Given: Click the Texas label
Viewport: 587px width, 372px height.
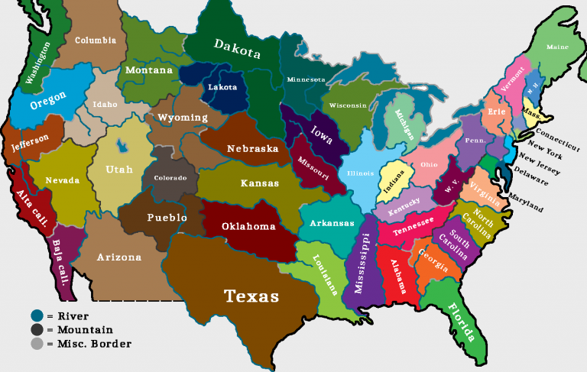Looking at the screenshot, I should click(x=251, y=296).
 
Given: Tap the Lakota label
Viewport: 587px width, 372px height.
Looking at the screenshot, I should click(x=222, y=87).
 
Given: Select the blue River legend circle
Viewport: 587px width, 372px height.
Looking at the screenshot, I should click(x=37, y=315).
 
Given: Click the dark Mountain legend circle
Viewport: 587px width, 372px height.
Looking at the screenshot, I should click(x=37, y=329).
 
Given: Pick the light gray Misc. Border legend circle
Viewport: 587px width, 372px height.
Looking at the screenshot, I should click(x=37, y=344).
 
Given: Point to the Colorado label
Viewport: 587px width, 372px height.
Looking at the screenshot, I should click(x=170, y=177).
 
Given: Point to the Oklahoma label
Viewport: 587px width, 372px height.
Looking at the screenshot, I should click(x=248, y=227).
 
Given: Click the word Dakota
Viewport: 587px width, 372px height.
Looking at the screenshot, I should click(x=237, y=49).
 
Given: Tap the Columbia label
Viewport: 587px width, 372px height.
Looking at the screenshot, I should click(x=96, y=40).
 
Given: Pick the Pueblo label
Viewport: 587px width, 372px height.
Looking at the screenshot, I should click(x=167, y=218).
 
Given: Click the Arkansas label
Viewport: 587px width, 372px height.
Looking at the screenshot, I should click(x=332, y=223).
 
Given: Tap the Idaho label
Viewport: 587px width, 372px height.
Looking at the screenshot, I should click(x=105, y=104).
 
